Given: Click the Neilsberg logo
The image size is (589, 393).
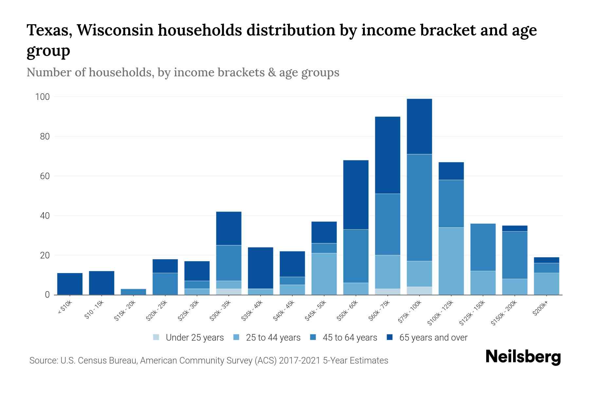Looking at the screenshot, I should pos(523,357).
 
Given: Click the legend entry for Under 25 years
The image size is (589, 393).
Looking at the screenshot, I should pos(195,338).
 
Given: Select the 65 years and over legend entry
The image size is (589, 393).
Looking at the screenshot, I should pos(433,338).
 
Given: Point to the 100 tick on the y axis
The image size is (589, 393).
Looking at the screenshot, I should pos(43,97).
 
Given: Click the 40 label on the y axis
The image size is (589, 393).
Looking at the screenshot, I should pos(45,216).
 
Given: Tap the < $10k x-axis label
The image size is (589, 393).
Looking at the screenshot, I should pos(64,308).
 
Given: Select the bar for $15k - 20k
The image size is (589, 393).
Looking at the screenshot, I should pos(134,291).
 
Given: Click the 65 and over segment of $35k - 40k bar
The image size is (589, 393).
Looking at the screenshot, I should pos(260,268).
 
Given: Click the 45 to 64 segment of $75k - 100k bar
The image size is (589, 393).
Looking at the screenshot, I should pos(419,207).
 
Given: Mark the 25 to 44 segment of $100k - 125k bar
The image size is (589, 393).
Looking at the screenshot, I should pos(451,261).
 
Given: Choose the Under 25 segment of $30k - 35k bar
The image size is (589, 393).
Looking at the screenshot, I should pos(229,291).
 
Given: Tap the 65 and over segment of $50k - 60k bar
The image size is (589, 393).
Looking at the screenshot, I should pos(356,195).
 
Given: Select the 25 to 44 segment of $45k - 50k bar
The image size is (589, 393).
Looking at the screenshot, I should pos(324,273).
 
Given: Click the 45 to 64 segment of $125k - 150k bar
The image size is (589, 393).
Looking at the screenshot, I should pos(483,247).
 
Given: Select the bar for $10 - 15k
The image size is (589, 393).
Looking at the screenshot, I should pos(101,283).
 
